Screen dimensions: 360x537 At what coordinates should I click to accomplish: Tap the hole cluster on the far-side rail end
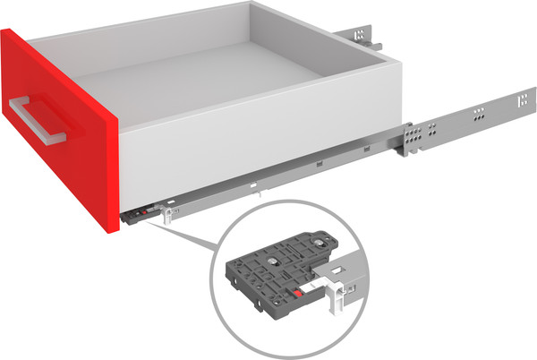pos(360,37)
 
